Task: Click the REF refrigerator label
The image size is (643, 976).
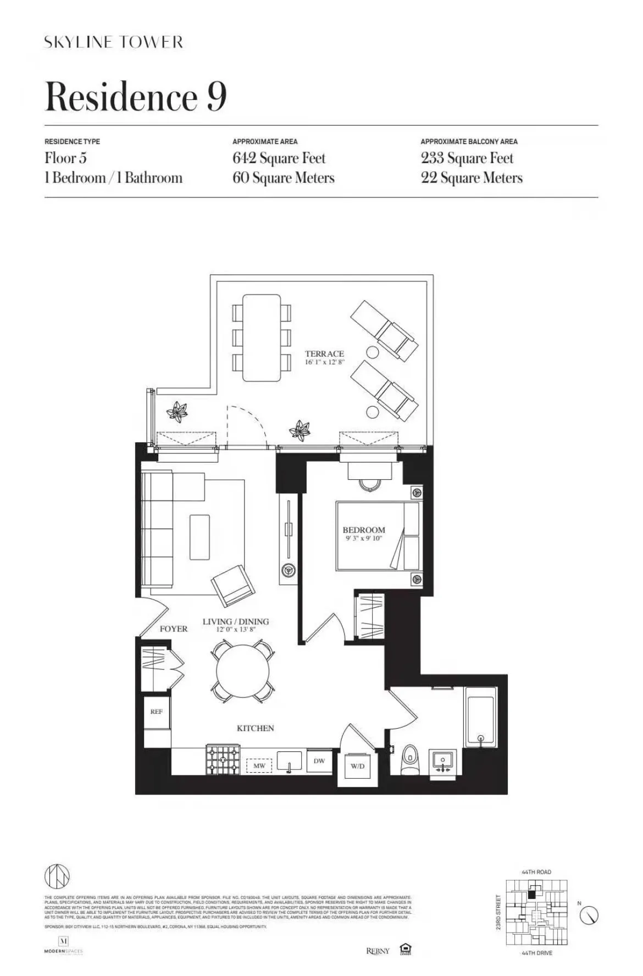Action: click(157, 711)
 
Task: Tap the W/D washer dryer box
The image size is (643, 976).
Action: click(357, 766)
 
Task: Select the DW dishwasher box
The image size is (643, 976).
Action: click(319, 761)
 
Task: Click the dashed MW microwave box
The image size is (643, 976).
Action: click(259, 766)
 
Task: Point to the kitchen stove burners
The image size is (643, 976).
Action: click(223, 760)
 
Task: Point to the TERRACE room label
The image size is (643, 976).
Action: click(324, 353)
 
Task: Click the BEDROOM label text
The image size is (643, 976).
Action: click(364, 530)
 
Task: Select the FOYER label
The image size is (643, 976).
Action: click(174, 629)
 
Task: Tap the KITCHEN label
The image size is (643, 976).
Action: click(255, 728)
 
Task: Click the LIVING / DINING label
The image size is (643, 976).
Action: click(236, 622)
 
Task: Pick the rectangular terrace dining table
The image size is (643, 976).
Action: click(262, 338)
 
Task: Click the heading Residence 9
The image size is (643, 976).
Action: click(136, 97)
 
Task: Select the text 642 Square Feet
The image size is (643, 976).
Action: click(279, 158)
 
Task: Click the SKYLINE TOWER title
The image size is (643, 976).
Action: click(113, 42)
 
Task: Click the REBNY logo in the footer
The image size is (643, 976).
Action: click(378, 951)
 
